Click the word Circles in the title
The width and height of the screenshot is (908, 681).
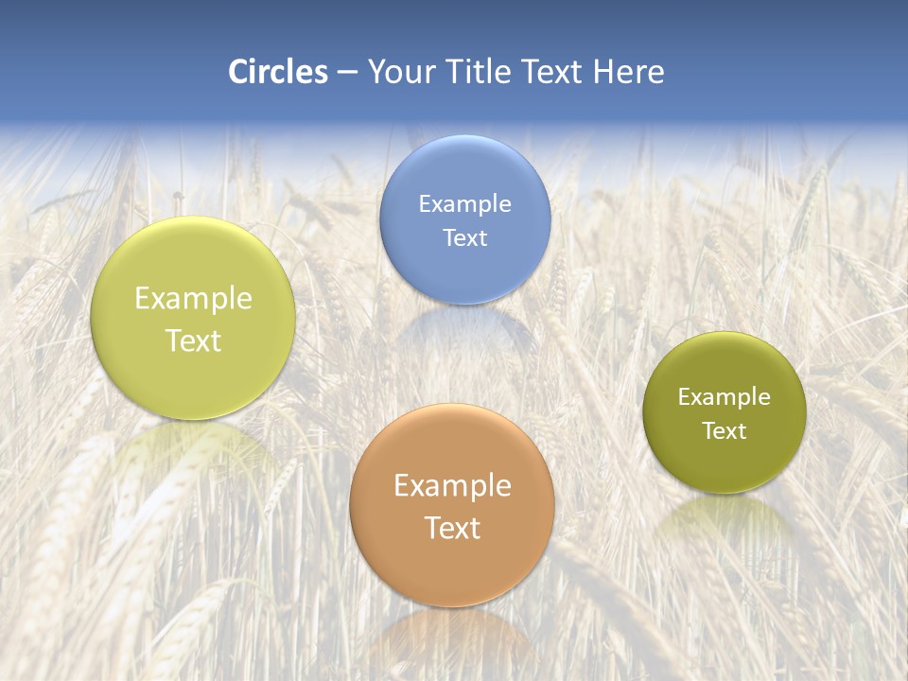pyautogui.click(x=277, y=72)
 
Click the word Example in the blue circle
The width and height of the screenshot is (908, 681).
pyautogui.click(x=464, y=204)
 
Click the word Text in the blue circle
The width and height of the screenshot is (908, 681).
pyautogui.click(x=464, y=238)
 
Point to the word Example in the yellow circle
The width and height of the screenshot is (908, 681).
pyautogui.click(x=193, y=299)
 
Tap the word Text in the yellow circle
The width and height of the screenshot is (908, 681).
pyautogui.click(x=193, y=341)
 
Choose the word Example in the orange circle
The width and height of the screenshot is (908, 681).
pyautogui.click(x=452, y=486)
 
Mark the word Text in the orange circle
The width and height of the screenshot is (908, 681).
pyautogui.click(x=452, y=529)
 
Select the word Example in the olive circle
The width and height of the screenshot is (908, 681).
pyautogui.click(x=725, y=397)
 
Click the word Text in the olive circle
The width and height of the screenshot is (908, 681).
pyautogui.click(x=725, y=431)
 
